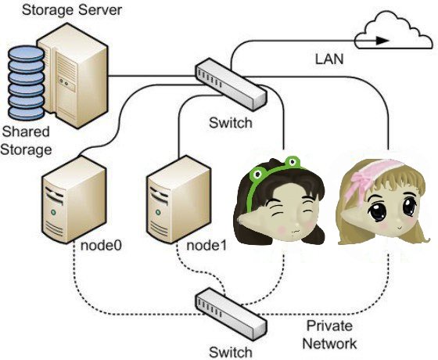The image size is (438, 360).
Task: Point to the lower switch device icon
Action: (x=232, y=312)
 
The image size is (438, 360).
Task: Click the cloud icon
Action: (x=394, y=32)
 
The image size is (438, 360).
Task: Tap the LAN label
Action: (x=329, y=59)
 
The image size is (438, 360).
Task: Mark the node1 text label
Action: (x=206, y=245)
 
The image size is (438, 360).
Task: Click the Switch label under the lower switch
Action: (x=230, y=351)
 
